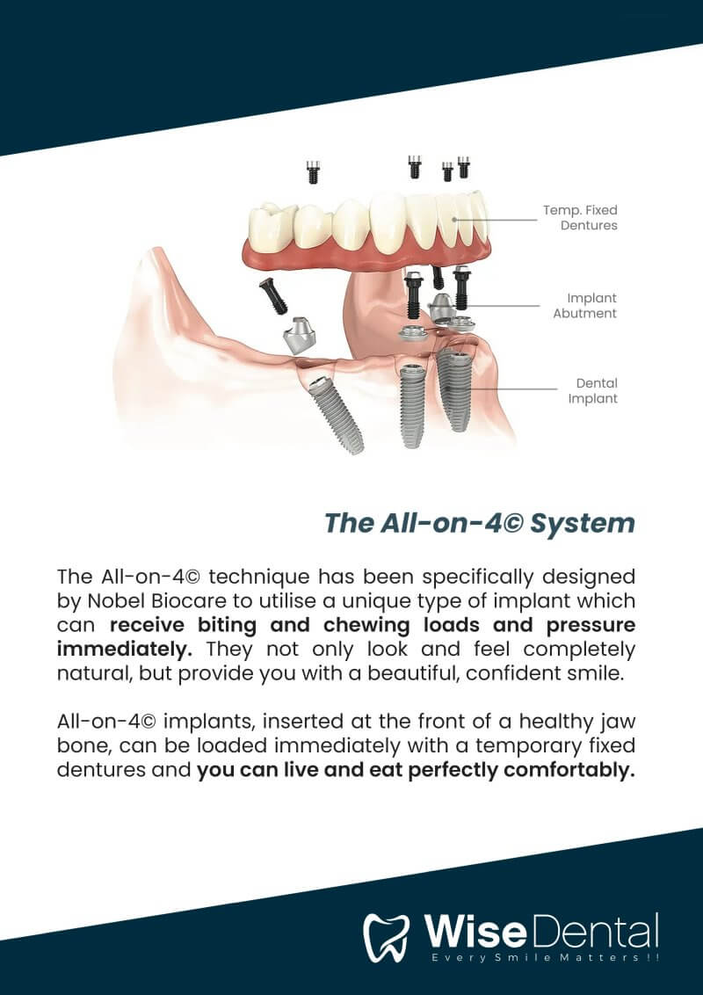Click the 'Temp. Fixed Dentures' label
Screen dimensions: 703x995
[580, 218]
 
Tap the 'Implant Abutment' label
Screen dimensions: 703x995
[585, 305]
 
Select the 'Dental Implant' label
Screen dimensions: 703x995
[593, 391]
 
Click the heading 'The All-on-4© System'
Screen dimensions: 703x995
[480, 524]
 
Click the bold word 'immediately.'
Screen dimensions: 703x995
[125, 650]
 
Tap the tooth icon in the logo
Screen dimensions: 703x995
[387, 938]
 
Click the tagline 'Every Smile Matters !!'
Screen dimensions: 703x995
[544, 957]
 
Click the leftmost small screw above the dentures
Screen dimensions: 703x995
[313, 172]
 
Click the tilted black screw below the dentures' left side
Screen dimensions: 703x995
[273, 296]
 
